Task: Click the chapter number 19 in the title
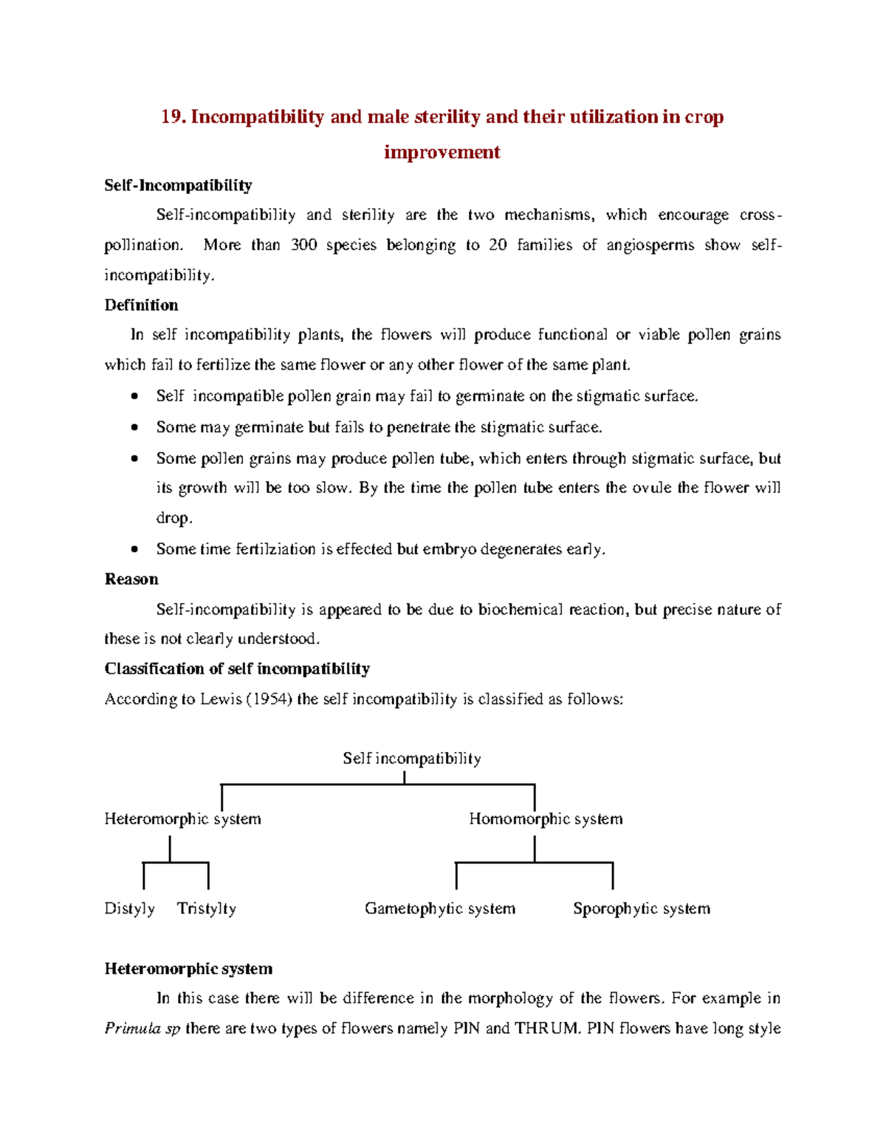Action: click(172, 117)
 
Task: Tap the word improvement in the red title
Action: click(442, 152)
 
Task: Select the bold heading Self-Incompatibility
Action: click(178, 185)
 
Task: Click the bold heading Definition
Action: click(141, 306)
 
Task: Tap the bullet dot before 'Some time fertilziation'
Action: click(134, 549)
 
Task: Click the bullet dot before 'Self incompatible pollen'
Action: click(134, 396)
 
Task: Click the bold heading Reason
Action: click(131, 579)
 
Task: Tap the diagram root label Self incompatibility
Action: click(412, 759)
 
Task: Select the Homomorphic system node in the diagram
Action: click(546, 819)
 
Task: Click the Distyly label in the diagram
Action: click(129, 908)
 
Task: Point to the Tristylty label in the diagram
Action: click(207, 908)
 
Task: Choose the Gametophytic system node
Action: click(440, 908)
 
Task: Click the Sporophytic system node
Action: click(642, 908)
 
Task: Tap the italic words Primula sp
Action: click(142, 1029)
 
